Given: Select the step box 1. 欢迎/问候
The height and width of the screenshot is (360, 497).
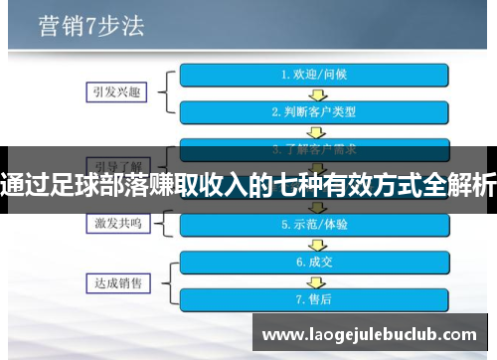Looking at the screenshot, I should (x=313, y=74).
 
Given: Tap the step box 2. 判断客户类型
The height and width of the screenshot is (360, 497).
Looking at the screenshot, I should (x=313, y=111).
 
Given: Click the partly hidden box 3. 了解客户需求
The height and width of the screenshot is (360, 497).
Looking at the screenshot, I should (x=313, y=149).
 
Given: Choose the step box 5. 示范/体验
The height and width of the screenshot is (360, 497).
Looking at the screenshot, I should (x=313, y=225).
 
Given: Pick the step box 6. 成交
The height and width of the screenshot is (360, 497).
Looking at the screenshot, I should (x=313, y=263).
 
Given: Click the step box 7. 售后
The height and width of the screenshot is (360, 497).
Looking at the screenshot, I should (x=313, y=298).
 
